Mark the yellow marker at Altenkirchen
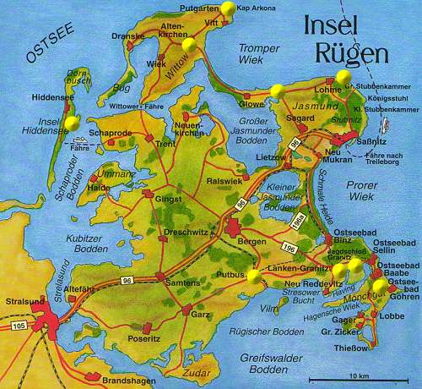[x=188, y=44]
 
